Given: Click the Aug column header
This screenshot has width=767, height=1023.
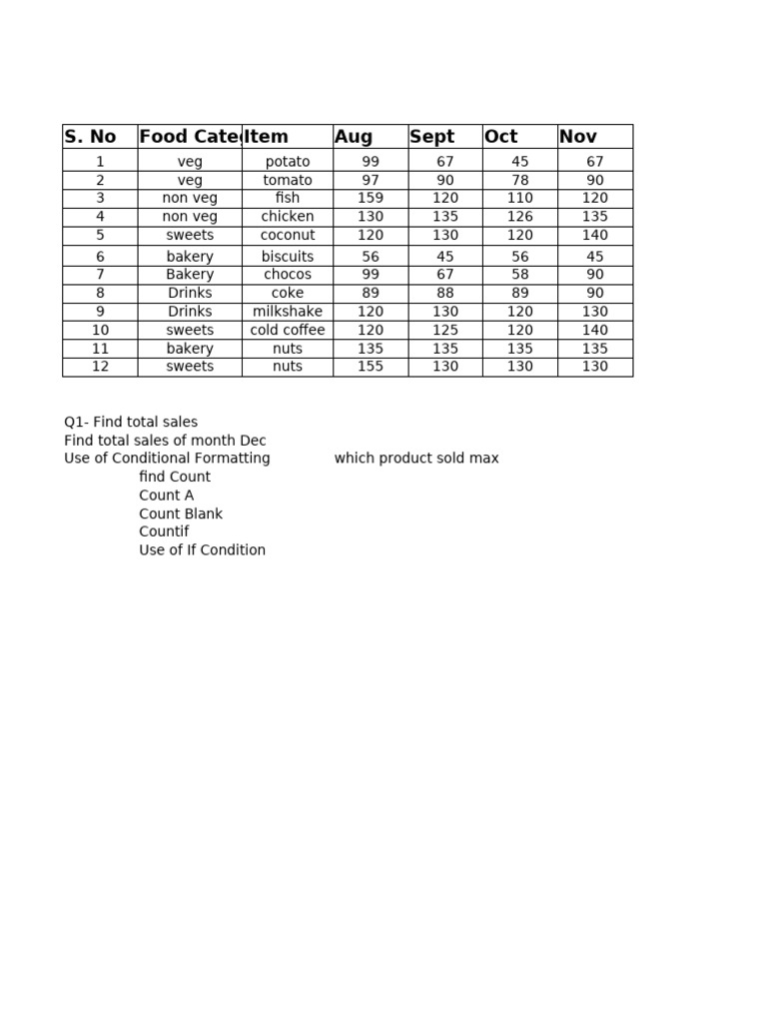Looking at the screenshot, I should [x=354, y=137].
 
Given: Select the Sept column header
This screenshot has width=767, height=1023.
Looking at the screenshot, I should [x=431, y=137].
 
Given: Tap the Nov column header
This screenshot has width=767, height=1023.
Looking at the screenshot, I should [x=578, y=137].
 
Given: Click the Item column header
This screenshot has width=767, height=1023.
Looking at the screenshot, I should [x=267, y=137].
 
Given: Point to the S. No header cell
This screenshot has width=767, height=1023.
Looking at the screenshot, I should [x=90, y=137].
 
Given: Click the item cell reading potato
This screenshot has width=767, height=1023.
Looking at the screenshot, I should [x=288, y=162].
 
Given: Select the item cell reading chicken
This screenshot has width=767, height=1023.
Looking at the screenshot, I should [x=288, y=217].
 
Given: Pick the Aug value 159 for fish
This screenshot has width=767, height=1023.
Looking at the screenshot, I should [x=371, y=199].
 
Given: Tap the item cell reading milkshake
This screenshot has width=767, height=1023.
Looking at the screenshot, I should [x=288, y=312].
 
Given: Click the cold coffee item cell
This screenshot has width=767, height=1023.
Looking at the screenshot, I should [x=288, y=331].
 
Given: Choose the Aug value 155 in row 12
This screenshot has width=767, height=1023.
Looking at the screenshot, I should [x=371, y=367].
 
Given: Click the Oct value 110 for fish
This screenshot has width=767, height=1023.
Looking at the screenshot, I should [x=520, y=199].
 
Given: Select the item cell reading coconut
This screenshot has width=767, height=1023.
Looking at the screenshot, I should [x=288, y=236].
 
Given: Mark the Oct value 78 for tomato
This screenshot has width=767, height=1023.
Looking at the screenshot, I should [x=520, y=181].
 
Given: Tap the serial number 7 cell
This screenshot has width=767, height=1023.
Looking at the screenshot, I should [x=100, y=275].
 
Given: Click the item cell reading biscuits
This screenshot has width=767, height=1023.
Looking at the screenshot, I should [x=288, y=257].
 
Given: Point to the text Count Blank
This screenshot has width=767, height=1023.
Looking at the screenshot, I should [x=181, y=514].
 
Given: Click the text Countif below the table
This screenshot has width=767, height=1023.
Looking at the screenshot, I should [x=164, y=532].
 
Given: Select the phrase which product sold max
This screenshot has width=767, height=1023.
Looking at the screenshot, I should [x=416, y=459].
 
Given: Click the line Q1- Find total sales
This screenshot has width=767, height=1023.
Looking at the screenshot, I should [x=131, y=423].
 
